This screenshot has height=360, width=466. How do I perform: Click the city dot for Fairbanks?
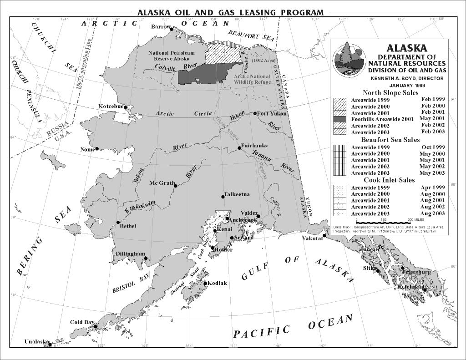tap(240, 147)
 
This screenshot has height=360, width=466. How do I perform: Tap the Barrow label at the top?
tap(160, 27)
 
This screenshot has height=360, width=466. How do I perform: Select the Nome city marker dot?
tap(97, 149)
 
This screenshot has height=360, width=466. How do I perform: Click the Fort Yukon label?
tap(272, 113)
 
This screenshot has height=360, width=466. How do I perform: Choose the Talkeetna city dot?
tap(223, 197)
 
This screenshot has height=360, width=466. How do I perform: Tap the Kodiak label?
tap(217, 283)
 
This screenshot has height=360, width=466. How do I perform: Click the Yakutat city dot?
tap(324, 236)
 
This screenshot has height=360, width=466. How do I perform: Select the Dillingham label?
tap(130, 254)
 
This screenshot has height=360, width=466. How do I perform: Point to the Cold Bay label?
tap(82, 322)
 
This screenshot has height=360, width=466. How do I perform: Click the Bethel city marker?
tap(118, 223)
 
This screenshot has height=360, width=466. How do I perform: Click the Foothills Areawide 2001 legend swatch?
tap(340, 119)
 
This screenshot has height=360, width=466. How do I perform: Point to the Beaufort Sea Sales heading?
tap(390, 140)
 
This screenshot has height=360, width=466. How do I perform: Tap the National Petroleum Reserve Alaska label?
tap(171, 56)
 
